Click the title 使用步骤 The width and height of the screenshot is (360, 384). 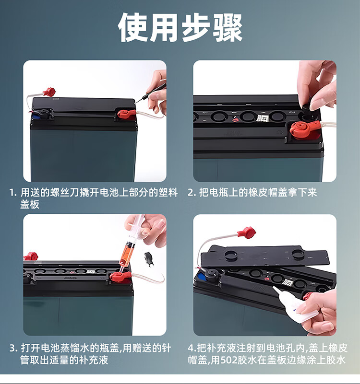click(180, 27)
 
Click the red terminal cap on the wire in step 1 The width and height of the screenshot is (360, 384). click(49, 92)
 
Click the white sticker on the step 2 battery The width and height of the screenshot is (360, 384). click(263, 118)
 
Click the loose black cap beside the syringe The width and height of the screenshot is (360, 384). click(148, 259)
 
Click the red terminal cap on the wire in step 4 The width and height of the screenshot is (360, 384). click(246, 232)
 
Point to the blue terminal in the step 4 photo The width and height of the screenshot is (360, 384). click(201, 277)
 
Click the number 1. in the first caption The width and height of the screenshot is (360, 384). click(13, 193)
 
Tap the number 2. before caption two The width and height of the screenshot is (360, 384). click(192, 193)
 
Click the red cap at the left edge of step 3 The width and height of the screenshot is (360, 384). click(30, 256)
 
